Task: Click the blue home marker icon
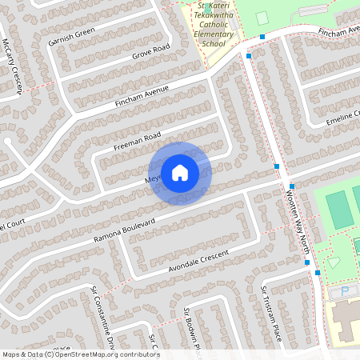180,173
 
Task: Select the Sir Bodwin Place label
190,328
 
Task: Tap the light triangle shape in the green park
334,262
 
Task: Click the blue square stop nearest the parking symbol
318,273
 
